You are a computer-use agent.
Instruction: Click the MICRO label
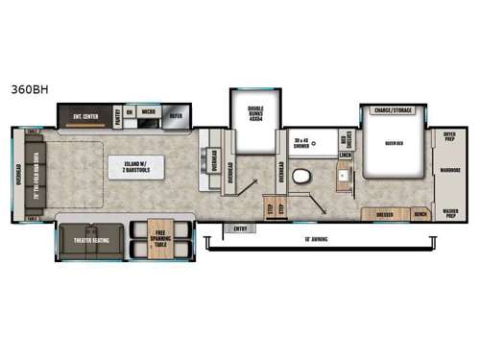point(149,111)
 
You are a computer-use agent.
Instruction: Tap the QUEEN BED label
point(393,143)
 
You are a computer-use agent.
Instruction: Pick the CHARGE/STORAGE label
point(393,110)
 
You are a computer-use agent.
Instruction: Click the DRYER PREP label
point(449,137)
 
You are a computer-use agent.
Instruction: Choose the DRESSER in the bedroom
point(384,214)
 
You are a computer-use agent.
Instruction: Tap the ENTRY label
point(239,228)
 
